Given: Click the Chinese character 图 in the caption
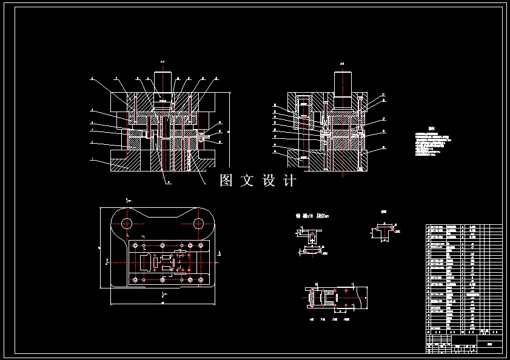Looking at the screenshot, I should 226,180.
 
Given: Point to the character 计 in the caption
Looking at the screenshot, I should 290,180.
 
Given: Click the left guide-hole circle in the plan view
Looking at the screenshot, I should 127,224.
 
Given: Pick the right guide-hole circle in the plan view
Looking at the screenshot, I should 198,224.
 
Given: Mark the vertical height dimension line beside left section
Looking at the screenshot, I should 229,130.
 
